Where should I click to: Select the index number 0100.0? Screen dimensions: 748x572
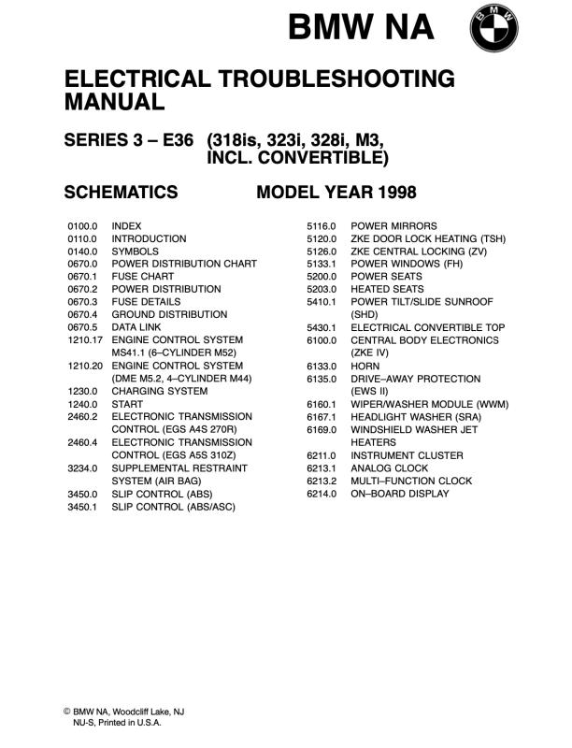(x=83, y=226)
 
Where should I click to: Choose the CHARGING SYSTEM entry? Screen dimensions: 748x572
(x=157, y=391)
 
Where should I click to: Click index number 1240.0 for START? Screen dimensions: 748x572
(x=83, y=404)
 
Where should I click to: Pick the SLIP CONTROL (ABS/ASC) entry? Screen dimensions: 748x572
(x=173, y=506)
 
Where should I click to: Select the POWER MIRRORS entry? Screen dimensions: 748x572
(x=393, y=226)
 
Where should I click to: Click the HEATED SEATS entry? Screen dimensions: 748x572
(x=388, y=290)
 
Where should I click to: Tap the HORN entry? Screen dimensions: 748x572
(x=365, y=366)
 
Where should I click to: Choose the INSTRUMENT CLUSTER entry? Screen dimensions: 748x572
(x=407, y=455)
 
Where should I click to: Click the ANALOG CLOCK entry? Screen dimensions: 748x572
(x=390, y=467)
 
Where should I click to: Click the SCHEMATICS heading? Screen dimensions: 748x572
(x=121, y=193)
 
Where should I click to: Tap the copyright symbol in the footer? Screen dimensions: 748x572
(x=67, y=712)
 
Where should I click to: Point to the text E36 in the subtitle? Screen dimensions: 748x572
(x=172, y=140)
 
